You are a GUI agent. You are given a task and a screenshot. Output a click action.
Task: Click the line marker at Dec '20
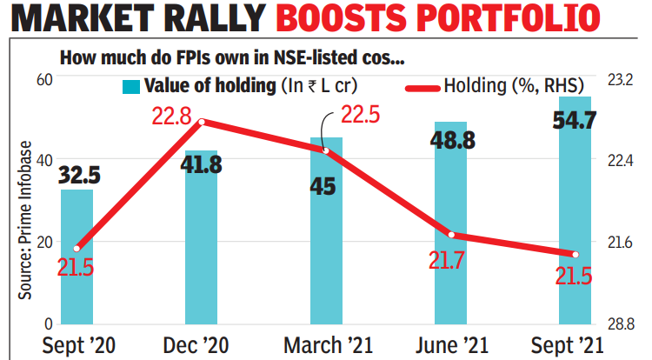pyautogui.click(x=201, y=122)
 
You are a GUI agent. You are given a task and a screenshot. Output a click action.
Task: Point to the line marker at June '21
pyautogui.click(x=450, y=235)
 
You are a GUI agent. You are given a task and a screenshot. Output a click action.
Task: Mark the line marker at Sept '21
pyautogui.click(x=575, y=255)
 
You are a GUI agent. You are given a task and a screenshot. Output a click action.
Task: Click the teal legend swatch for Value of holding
pyautogui.click(x=131, y=86)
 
